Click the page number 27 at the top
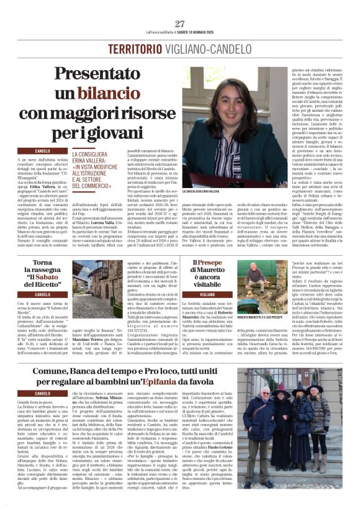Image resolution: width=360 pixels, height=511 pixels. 180,24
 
